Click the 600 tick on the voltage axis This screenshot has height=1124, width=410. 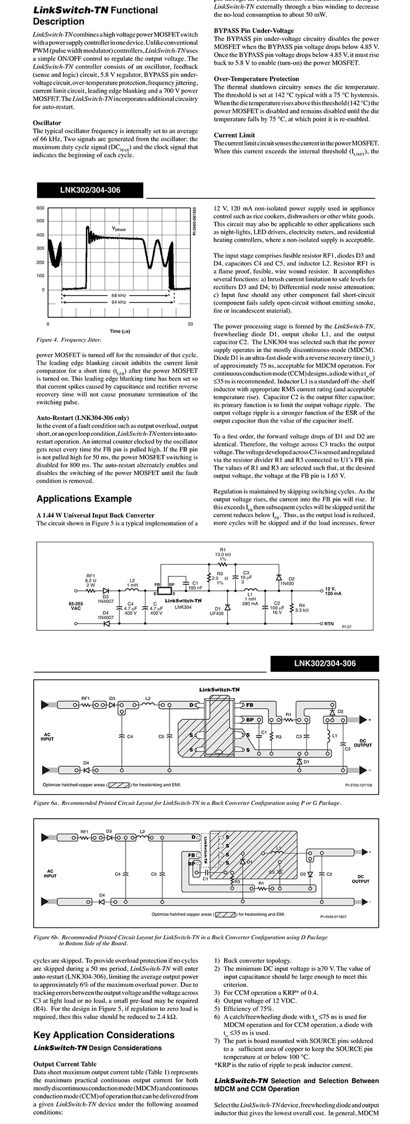[40, 208]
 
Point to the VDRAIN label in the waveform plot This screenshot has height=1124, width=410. [119, 229]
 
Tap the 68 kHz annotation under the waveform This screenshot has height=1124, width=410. [119, 294]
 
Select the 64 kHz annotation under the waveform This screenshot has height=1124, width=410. [119, 302]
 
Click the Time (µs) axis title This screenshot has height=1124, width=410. [119, 331]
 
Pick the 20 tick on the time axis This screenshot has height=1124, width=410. [190, 324]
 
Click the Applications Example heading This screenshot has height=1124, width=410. [84, 498]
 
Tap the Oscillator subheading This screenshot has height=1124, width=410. [47, 123]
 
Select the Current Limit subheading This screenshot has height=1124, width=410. [234, 135]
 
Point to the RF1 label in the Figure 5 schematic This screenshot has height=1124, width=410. [91, 576]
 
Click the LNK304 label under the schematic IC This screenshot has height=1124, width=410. [183, 607]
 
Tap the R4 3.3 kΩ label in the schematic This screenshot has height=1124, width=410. [302, 607]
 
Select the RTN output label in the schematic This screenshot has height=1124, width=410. [329, 623]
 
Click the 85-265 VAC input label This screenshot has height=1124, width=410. [75, 605]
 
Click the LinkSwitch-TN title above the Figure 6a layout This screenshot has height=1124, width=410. [219, 690]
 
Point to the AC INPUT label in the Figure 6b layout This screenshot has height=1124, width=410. [50, 873]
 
